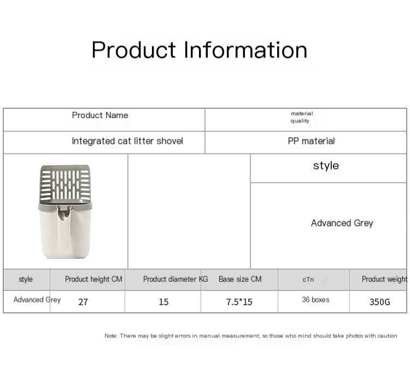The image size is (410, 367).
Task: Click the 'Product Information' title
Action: [199, 50]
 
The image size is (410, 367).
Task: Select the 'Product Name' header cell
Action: [100, 115]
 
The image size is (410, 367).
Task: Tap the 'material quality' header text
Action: [302, 117]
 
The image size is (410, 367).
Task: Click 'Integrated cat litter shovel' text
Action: [127, 141]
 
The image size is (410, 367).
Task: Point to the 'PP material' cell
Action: [311, 141]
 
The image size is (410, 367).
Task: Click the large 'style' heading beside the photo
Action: [326, 166]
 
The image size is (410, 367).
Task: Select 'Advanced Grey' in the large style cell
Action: [342, 223]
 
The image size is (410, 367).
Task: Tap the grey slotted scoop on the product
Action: [65, 184]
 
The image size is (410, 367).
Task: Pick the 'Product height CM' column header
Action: [93, 279]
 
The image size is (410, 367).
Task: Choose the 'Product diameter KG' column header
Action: [175, 279]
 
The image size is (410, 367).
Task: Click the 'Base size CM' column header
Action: [240, 279]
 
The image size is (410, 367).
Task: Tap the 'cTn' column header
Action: [308, 279]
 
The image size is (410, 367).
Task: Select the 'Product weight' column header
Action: [384, 279]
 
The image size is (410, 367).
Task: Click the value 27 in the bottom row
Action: [83, 302]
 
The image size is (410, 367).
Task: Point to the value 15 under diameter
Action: [163, 302]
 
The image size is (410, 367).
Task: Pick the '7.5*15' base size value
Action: [239, 302]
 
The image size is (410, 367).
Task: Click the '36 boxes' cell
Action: [315, 300]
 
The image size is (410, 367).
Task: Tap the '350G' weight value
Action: [380, 302]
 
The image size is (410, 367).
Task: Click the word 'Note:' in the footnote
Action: [111, 336]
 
